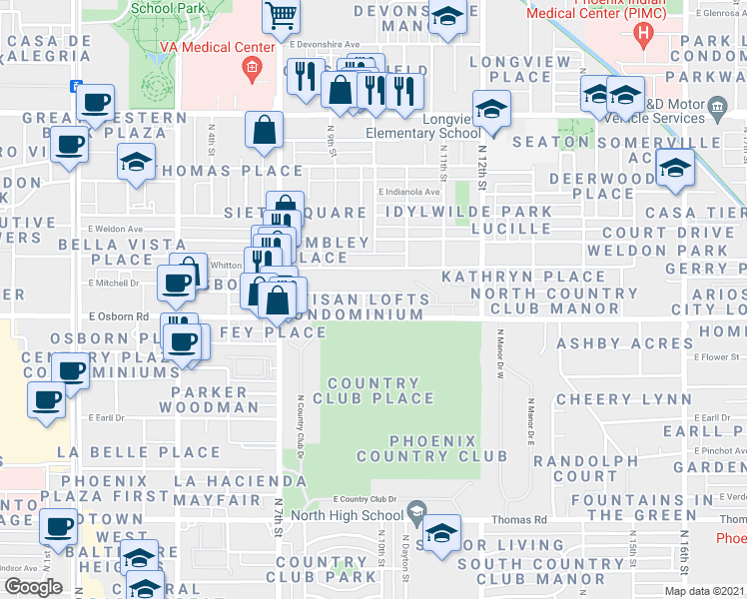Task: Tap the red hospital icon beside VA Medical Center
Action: point(251,68)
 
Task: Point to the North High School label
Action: point(356,515)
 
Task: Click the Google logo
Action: point(33,586)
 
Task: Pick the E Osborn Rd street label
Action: point(118,316)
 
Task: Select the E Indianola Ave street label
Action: point(407,192)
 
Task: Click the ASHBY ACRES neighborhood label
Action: point(610,343)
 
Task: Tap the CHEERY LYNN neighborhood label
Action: point(610,398)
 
